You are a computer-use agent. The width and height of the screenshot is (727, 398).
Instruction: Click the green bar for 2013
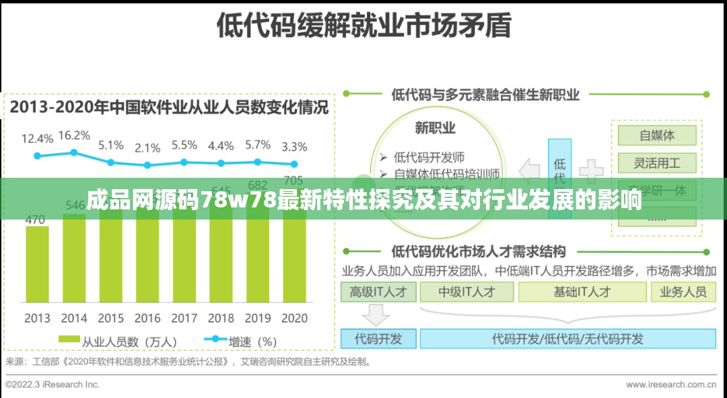(38, 266)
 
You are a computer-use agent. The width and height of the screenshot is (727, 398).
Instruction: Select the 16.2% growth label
(74, 135)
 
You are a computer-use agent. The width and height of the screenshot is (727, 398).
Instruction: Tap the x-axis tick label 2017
(184, 318)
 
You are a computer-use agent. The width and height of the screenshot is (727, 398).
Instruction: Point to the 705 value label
(293, 180)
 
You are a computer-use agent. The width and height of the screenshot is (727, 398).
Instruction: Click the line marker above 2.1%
(147, 165)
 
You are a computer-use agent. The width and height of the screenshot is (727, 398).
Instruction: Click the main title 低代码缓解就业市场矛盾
(363, 26)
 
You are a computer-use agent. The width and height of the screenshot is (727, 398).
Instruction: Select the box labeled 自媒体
(656, 135)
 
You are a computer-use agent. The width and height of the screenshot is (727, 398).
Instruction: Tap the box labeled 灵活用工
(656, 163)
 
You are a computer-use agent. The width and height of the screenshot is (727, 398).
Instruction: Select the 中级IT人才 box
(466, 292)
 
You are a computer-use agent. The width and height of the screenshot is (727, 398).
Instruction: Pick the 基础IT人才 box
(582, 292)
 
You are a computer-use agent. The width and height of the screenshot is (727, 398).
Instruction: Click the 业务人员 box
(683, 292)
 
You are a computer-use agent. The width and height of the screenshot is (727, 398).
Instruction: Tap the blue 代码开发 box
(378, 339)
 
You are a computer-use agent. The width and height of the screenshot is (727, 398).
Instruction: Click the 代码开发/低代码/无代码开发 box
(567, 339)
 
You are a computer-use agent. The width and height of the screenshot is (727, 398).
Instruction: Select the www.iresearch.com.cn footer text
(670, 385)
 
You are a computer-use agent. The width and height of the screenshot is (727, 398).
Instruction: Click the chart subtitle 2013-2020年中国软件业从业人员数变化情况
(169, 107)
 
